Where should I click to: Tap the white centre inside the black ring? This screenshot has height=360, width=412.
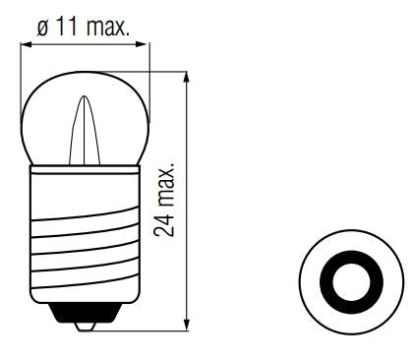click(x=346, y=283)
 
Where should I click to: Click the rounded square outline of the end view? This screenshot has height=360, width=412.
click(x=300, y=283)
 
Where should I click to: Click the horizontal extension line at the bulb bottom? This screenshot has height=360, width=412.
click(x=147, y=330)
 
